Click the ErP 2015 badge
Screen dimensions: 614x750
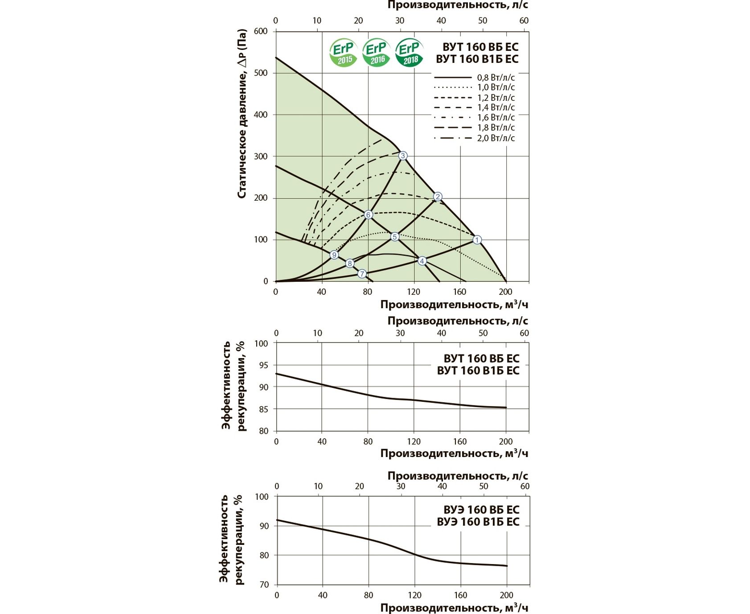343,53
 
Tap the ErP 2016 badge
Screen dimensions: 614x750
376,53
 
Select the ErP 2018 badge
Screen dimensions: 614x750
409,53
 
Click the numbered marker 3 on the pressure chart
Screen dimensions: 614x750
403,156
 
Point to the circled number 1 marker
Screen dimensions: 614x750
477,240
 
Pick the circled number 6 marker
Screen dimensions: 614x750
368,215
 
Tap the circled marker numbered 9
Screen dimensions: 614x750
334,255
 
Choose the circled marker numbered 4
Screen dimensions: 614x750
422,261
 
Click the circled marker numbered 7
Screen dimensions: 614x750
362,274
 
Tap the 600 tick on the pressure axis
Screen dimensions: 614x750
261,31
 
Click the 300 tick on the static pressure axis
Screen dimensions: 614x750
261,157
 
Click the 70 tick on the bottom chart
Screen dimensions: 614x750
264,585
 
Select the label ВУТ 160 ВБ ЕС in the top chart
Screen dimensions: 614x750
480,47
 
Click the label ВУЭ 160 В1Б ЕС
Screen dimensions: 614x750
478,522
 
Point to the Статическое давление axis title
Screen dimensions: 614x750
242,114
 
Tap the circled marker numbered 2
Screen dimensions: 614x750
438,197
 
